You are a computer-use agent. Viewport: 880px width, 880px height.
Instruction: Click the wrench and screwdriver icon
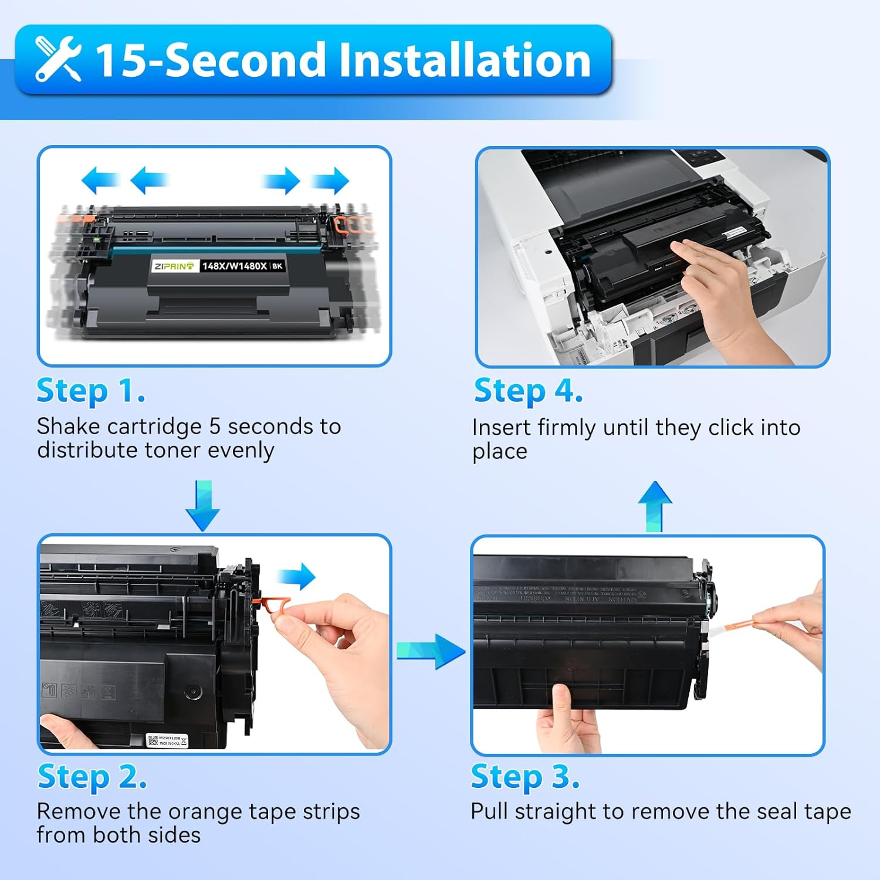(x=57, y=59)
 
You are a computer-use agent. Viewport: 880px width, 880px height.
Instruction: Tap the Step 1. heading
(x=90, y=391)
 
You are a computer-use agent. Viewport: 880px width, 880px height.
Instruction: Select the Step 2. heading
(x=92, y=777)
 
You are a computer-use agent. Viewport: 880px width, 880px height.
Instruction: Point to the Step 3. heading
(x=525, y=777)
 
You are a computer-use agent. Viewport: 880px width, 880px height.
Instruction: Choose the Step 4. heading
(x=528, y=391)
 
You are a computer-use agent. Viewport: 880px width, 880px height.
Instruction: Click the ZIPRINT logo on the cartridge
(x=174, y=266)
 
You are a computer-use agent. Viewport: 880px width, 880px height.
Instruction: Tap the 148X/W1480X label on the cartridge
(x=234, y=266)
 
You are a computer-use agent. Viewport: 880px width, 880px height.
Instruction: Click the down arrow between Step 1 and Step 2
(x=202, y=505)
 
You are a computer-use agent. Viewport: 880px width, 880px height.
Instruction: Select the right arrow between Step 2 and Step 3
(x=431, y=651)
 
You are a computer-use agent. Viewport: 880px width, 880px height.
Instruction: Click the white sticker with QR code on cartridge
(x=167, y=740)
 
